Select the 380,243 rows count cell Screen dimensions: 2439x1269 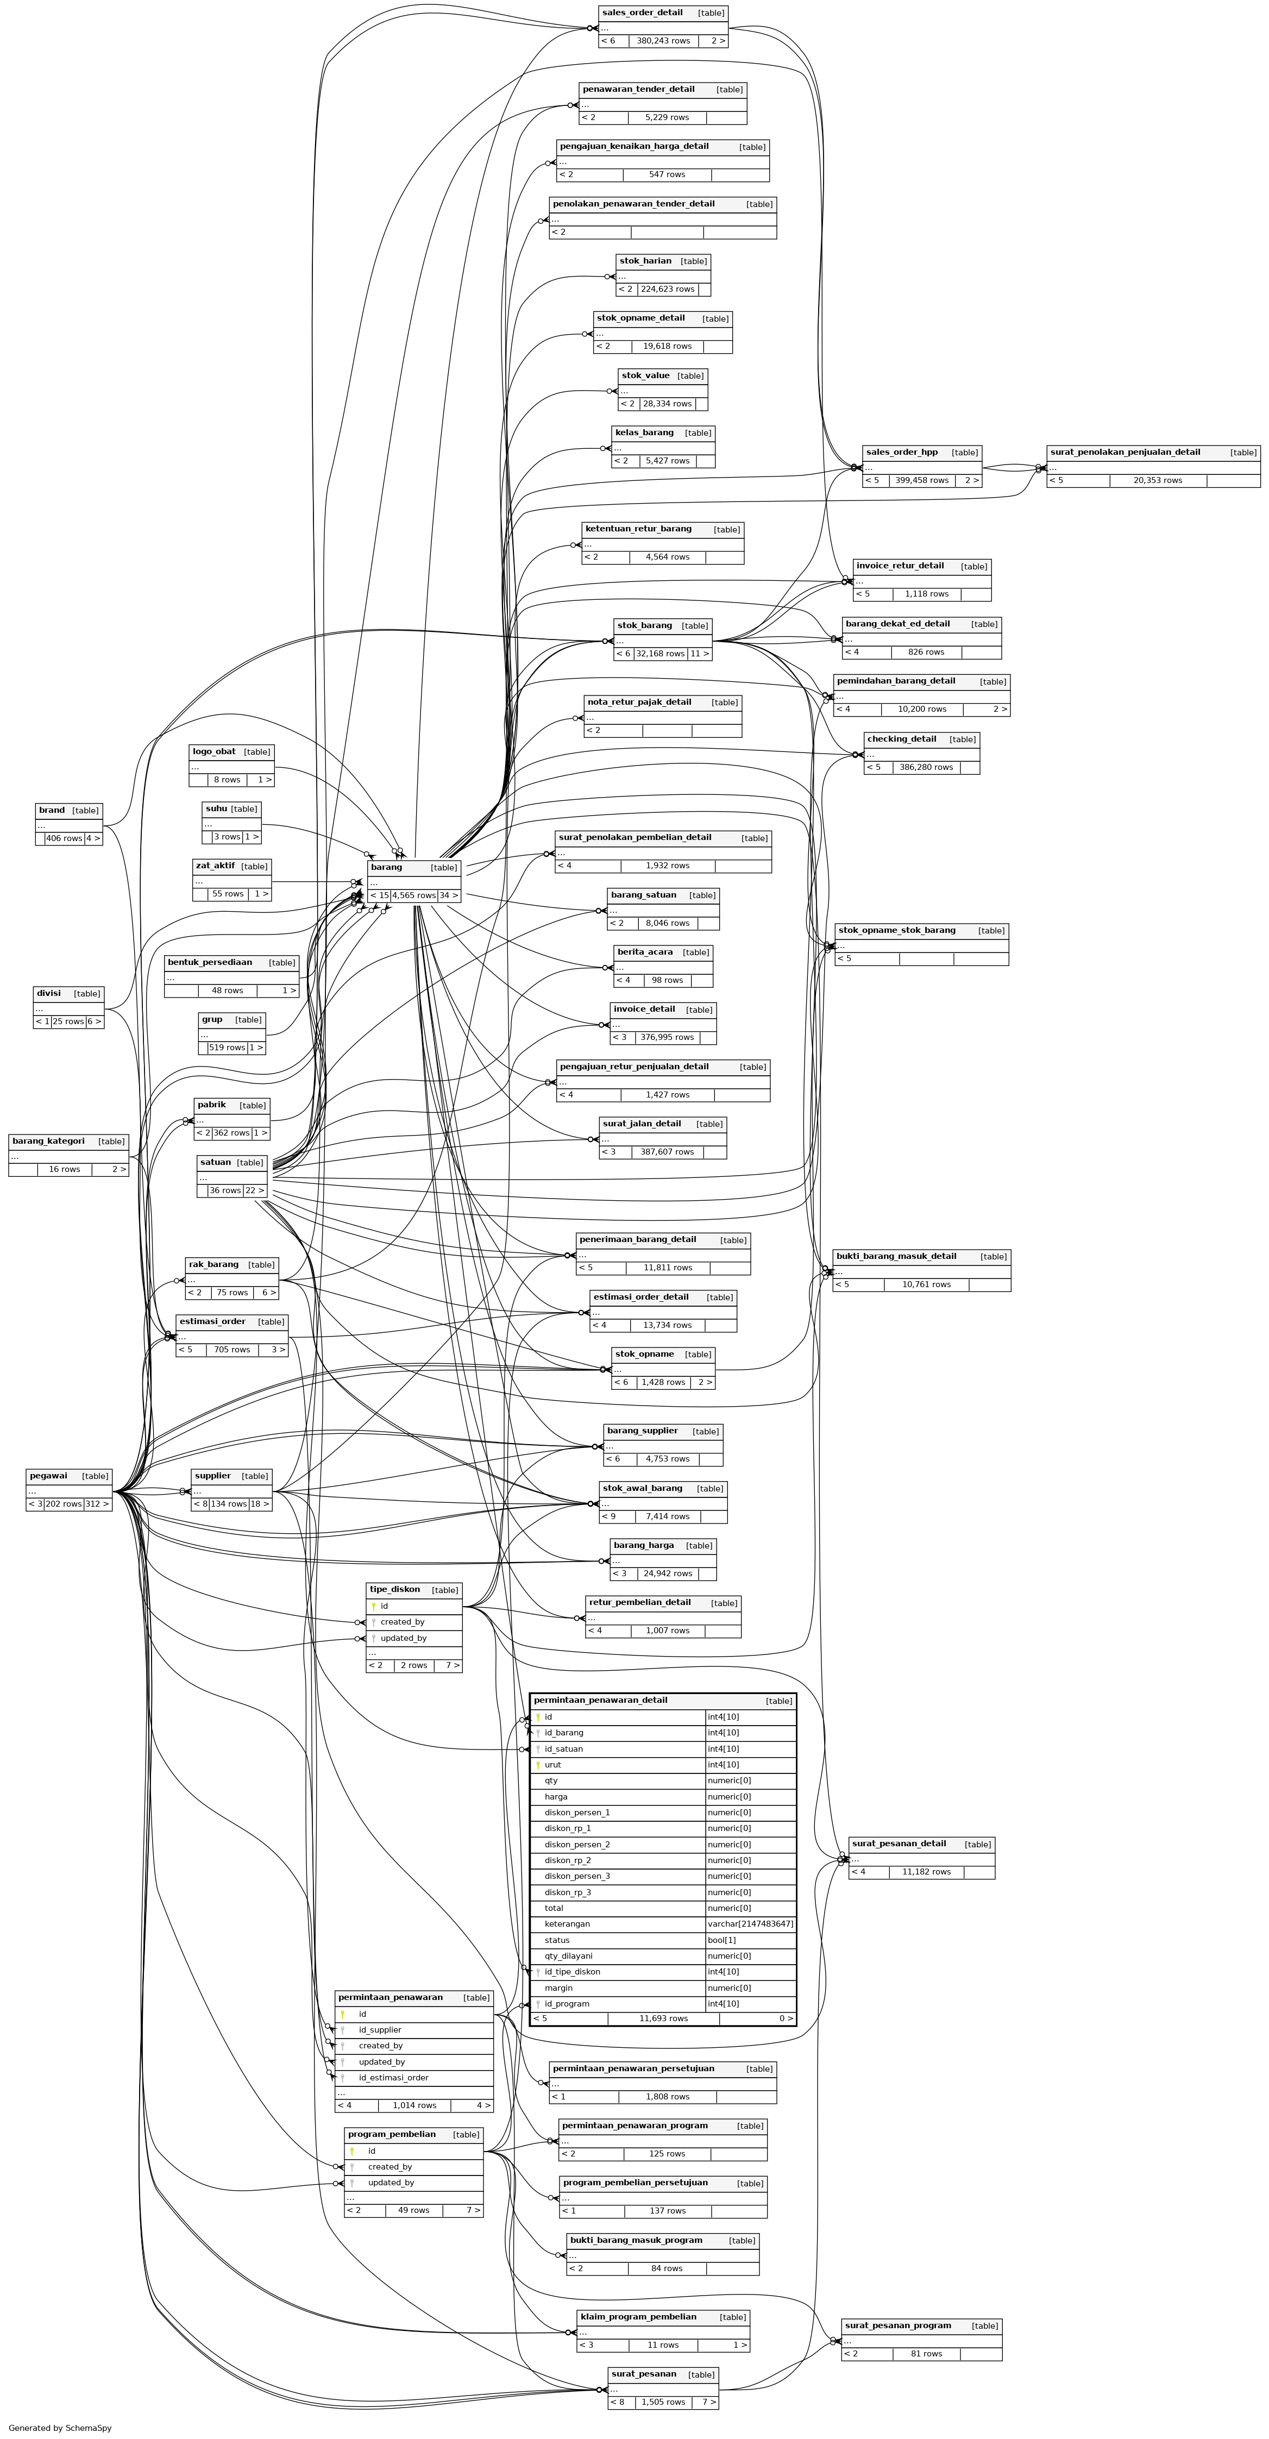tap(663, 41)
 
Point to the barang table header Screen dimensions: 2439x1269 tap(386, 867)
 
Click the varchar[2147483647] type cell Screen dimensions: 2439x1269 tap(750, 1924)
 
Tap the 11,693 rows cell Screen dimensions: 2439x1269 tap(663, 2018)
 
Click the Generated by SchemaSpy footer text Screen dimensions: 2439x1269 tap(60, 2428)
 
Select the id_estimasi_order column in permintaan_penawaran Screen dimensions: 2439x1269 tap(394, 2077)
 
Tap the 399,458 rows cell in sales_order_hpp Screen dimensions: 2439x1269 tap(922, 480)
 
